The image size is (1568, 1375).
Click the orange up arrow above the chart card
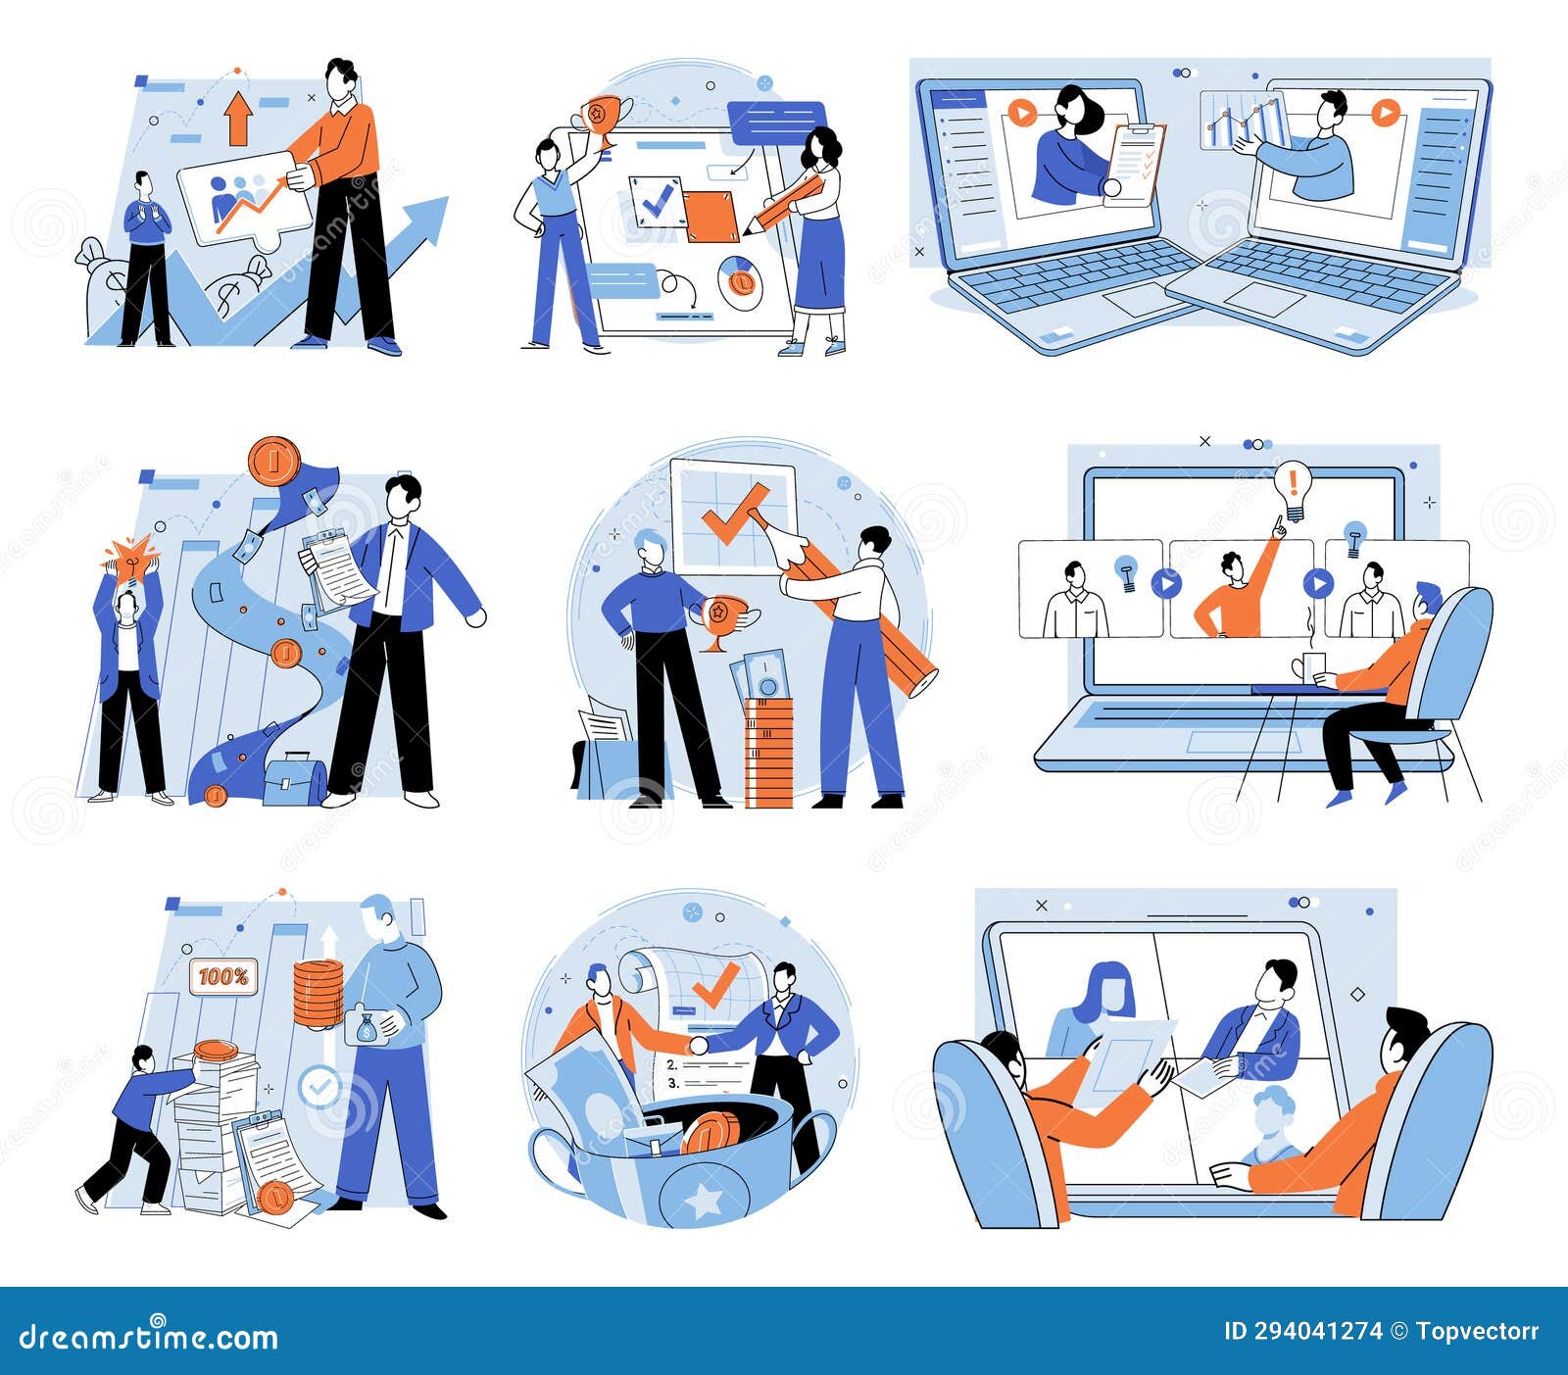tap(237, 119)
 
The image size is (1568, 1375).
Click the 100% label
tap(223, 977)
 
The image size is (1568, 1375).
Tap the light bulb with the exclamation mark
tap(1293, 488)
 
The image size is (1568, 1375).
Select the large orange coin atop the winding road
tap(272, 462)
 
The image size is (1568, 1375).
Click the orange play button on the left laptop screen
tap(1021, 114)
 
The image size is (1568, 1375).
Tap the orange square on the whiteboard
tap(710, 217)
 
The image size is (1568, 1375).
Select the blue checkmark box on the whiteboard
tap(655, 201)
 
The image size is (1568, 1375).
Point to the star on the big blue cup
tap(703, 1201)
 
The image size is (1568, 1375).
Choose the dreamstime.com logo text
tap(148, 1337)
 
